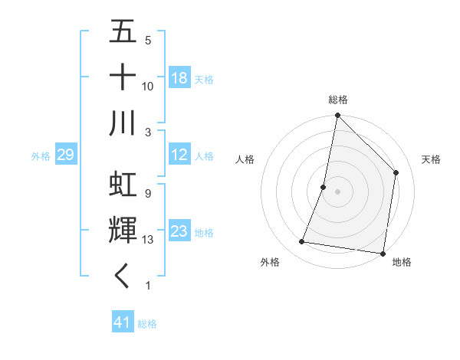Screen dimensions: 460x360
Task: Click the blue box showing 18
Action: [x=179, y=78]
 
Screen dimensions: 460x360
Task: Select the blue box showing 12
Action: [x=179, y=155]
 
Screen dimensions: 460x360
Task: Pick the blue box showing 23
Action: [x=179, y=232]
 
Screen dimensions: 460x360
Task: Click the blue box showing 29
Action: [x=65, y=155]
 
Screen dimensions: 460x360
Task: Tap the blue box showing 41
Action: [x=123, y=322]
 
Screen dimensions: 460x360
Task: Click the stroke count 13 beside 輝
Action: [x=148, y=240]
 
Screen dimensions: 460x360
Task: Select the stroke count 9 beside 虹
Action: [x=147, y=193]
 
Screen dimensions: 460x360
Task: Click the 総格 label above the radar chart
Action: [x=338, y=100]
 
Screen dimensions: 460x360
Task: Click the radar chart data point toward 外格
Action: [x=302, y=242]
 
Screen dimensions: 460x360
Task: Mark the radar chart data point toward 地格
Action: [x=382, y=253]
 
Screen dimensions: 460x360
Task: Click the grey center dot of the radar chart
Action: [x=338, y=191]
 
